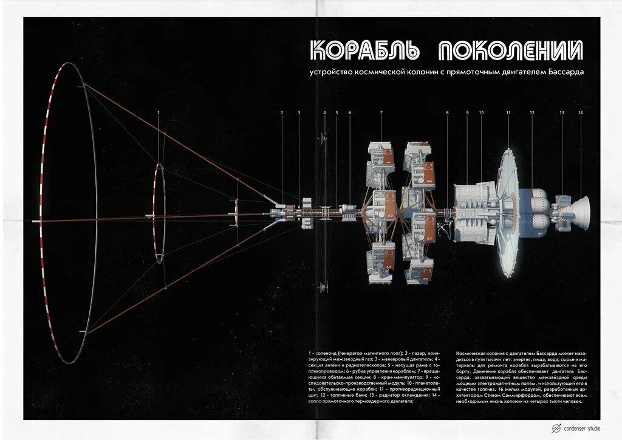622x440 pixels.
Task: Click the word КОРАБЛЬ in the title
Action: click(x=363, y=51)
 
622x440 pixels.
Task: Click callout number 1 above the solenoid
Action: click(x=158, y=113)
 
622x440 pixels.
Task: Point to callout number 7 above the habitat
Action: click(x=381, y=113)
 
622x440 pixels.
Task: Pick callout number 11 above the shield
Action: click(x=508, y=113)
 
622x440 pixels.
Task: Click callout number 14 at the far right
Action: click(x=580, y=113)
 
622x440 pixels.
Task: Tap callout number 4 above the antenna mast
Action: click(x=324, y=113)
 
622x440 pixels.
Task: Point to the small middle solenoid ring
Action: click(x=158, y=213)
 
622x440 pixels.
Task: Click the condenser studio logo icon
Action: click(x=555, y=428)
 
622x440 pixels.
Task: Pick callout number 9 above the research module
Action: click(x=467, y=113)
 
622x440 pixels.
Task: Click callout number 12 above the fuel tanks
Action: click(x=531, y=113)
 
